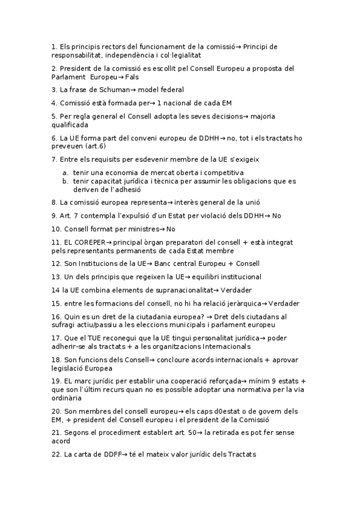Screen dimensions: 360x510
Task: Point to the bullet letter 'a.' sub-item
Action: [66, 172]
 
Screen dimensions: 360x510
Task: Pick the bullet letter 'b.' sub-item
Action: [66, 180]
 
